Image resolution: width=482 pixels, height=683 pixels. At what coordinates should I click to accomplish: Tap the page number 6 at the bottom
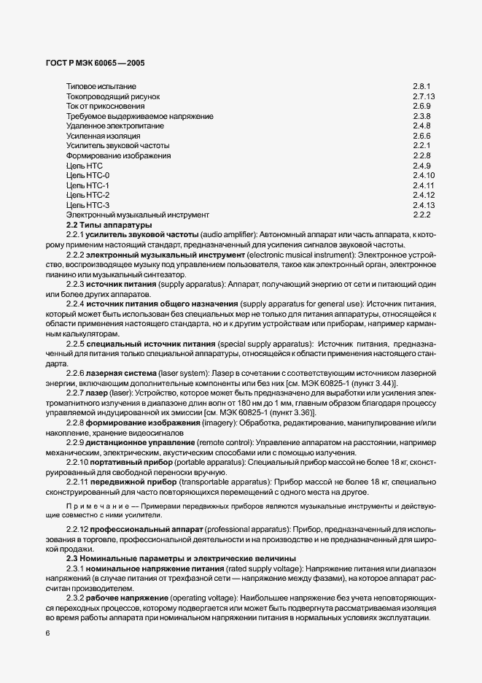47,633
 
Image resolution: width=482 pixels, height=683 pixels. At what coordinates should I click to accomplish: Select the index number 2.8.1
422,86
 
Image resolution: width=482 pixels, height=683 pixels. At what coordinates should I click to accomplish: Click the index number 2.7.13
424,96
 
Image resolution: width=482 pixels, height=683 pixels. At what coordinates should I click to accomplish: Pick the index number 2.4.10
424,175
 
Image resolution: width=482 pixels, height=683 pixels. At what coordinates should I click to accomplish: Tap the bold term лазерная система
122,372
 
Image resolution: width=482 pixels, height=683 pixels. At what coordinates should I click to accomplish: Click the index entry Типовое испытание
96,86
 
